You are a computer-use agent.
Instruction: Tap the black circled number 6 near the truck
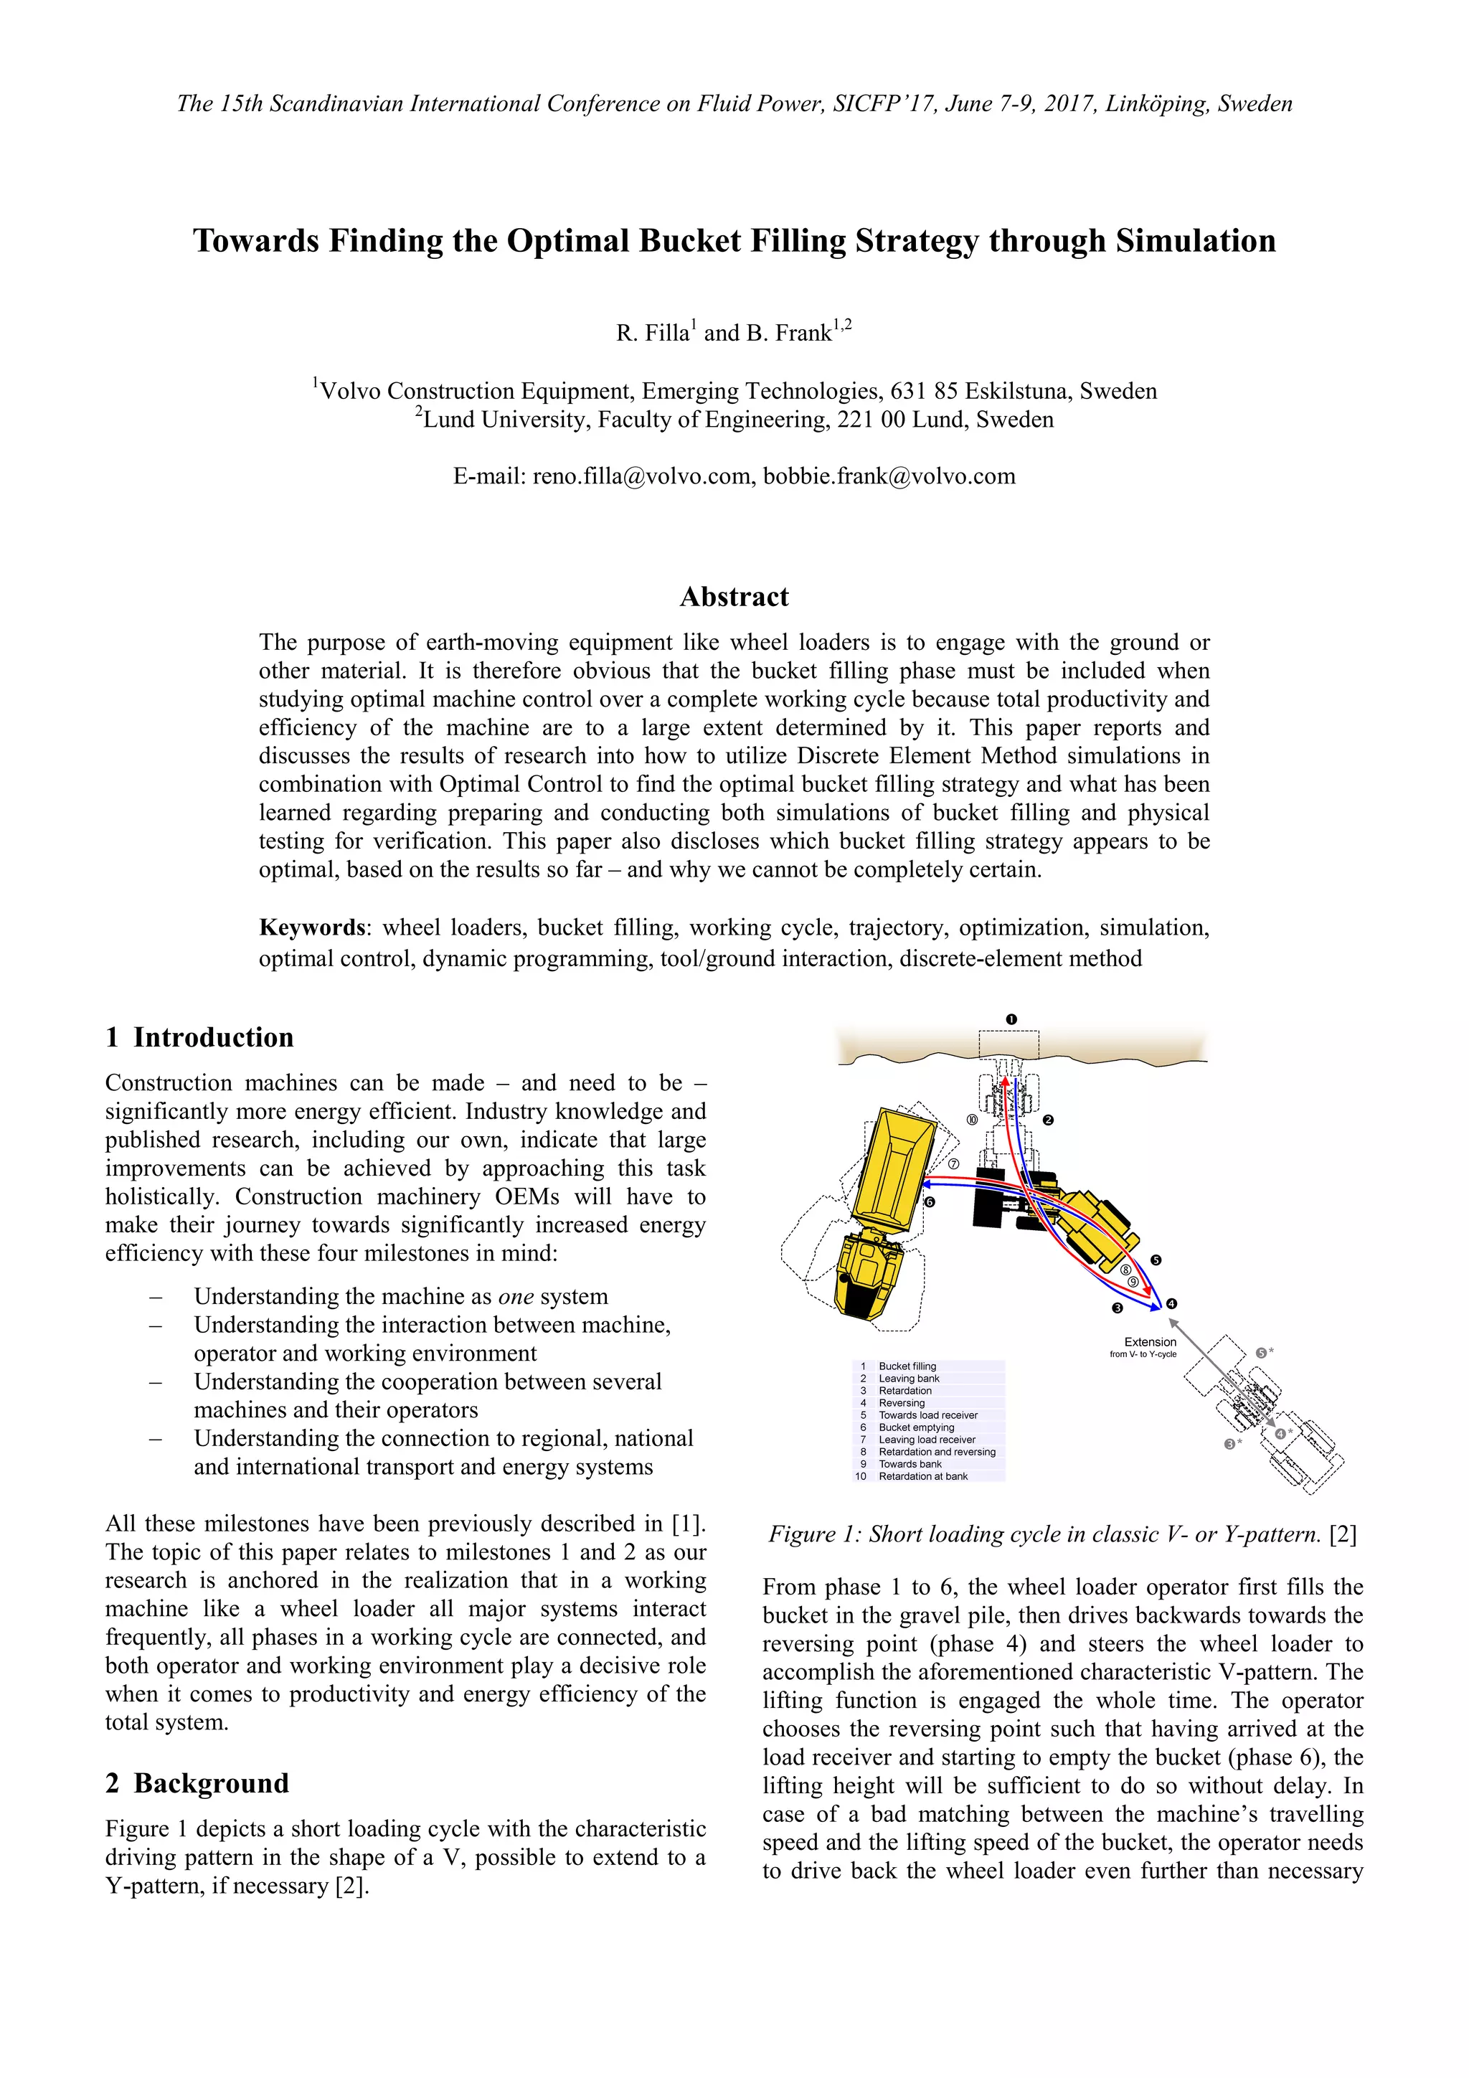930,1203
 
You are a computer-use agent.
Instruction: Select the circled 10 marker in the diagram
972,1120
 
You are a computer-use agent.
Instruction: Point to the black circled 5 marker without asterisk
1156,1260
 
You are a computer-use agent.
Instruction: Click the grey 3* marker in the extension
1230,1445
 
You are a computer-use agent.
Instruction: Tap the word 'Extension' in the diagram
1150,1342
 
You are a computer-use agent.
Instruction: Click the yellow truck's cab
869,1276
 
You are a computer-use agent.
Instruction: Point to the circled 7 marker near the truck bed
953,1164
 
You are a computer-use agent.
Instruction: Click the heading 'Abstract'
734,598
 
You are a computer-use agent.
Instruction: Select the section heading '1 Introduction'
199,1037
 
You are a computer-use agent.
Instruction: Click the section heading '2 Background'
197,1783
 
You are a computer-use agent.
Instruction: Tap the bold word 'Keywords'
311,927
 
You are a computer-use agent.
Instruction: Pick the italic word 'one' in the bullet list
516,1296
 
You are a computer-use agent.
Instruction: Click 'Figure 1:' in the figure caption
815,1534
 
